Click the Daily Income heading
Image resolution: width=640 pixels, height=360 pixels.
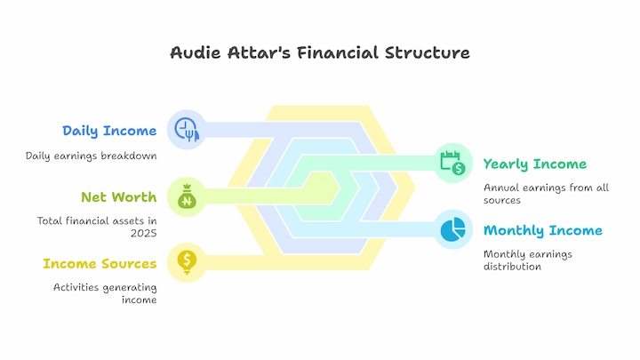tap(109, 131)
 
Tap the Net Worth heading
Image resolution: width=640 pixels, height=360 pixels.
tap(119, 197)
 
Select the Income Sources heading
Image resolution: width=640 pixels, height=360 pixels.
tap(100, 264)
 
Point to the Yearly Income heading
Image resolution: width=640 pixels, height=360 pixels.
tap(535, 164)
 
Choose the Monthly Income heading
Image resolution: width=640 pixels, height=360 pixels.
tap(543, 230)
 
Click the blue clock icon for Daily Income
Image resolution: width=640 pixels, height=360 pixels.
tap(187, 130)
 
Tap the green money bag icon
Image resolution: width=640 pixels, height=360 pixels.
tap(187, 196)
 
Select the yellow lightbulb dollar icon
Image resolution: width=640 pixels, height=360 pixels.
tap(187, 262)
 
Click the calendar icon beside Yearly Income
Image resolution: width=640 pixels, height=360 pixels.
tap(452, 163)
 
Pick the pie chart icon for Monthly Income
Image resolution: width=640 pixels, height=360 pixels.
tap(452, 229)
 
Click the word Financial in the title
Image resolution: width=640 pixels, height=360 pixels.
tap(338, 52)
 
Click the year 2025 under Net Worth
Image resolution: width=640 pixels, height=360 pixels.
tap(144, 233)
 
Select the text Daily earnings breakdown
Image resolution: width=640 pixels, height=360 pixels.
tap(91, 156)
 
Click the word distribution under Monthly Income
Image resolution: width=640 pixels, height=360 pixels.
tap(512, 267)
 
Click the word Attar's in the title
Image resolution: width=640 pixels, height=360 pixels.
tap(259, 52)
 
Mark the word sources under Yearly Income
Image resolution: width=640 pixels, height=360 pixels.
tap(502, 200)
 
